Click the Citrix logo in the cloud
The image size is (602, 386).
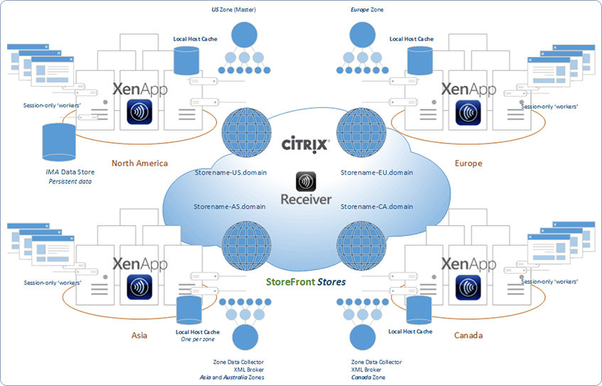point(306,144)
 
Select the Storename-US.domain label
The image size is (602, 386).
point(230,172)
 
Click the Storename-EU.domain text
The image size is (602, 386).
point(377,172)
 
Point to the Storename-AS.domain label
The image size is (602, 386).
point(230,206)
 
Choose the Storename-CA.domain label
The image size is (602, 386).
point(377,206)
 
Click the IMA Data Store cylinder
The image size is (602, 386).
point(60,142)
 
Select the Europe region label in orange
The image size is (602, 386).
point(468,163)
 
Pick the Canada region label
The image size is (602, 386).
point(468,335)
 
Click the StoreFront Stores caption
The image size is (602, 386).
point(306,282)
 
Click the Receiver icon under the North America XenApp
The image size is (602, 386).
point(139,114)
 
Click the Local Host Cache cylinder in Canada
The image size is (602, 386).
point(419,310)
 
